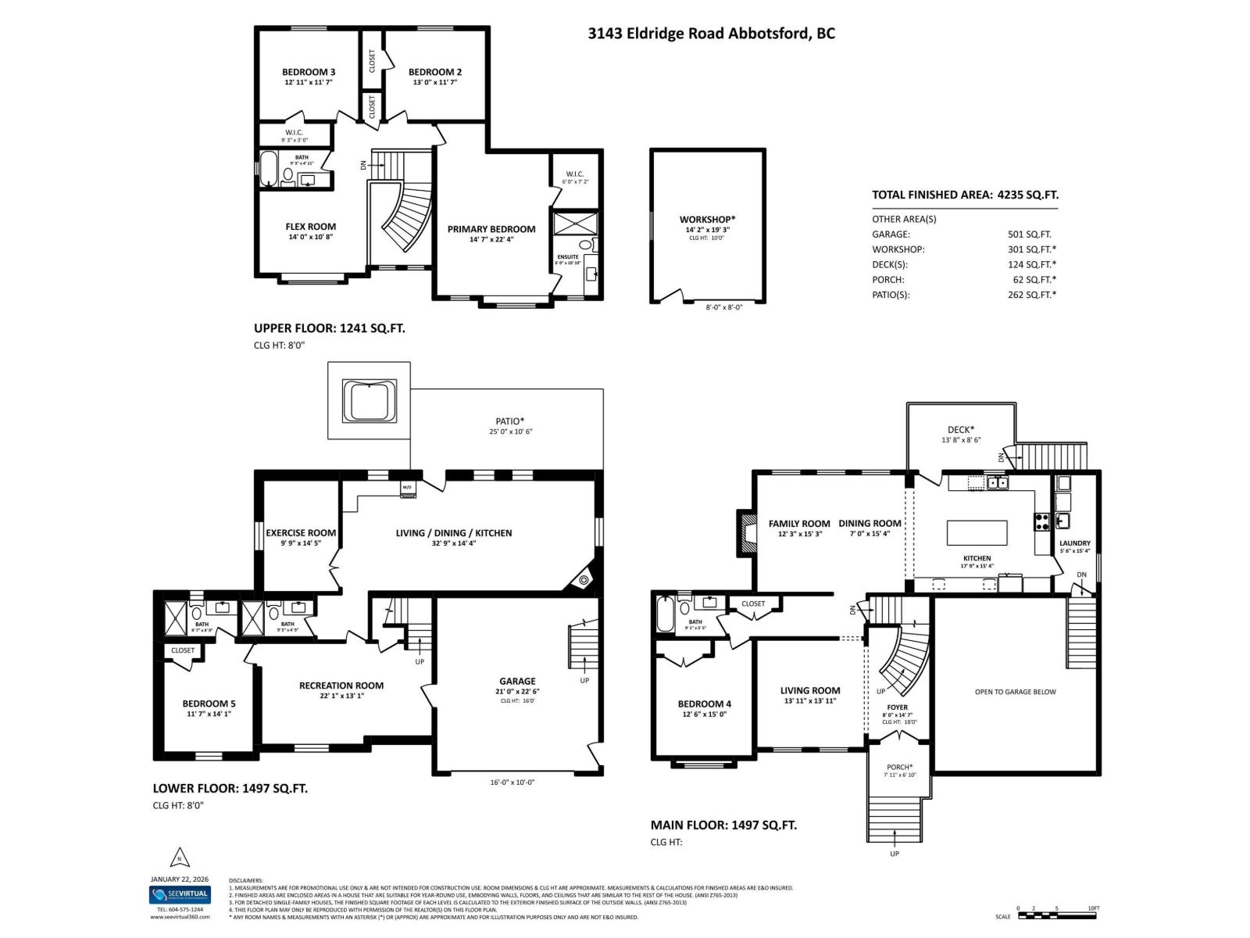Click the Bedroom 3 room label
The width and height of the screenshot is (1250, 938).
pos(309,72)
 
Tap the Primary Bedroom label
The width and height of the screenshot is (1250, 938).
pos(491,229)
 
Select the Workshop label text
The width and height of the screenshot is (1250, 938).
pos(707,220)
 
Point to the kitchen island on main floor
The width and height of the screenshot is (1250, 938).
pos(977,533)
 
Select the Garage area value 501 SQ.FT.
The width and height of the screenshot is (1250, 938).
pos(1029,234)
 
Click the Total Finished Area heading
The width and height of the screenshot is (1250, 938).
pos(965,195)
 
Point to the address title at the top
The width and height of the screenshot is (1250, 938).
pos(711,34)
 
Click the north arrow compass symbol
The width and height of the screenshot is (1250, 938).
pos(180,857)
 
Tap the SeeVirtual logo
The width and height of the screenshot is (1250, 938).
pos(180,895)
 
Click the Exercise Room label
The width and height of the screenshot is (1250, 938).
pos(301,533)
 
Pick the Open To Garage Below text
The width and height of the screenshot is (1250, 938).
pos(1015,692)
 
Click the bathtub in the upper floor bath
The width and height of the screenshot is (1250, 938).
pos(268,170)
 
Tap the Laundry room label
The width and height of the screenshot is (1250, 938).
pos(1074,543)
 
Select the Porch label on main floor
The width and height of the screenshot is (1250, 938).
pos(899,767)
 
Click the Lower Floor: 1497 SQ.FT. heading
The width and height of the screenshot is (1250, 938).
pos(230,788)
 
